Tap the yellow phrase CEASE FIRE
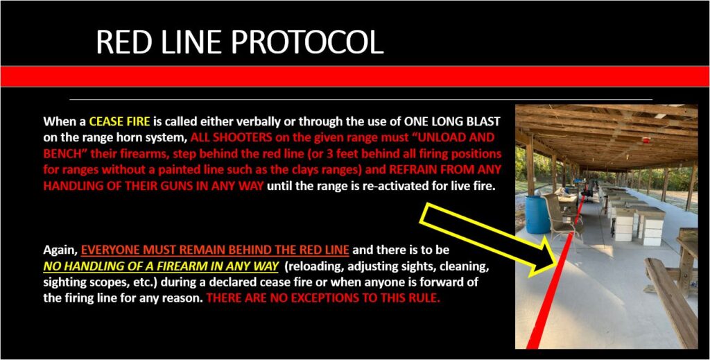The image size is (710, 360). point(119,121)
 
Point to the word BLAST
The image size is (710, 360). point(485,121)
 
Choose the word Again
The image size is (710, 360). point(60,250)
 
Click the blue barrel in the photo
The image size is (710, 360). point(537,214)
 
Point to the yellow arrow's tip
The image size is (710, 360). point(557,262)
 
